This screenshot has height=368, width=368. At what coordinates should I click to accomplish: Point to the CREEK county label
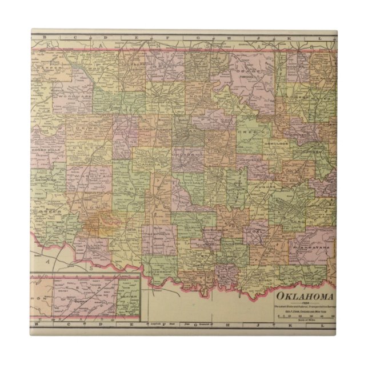[255, 132]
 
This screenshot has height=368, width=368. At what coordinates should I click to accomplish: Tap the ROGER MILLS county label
[47, 153]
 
